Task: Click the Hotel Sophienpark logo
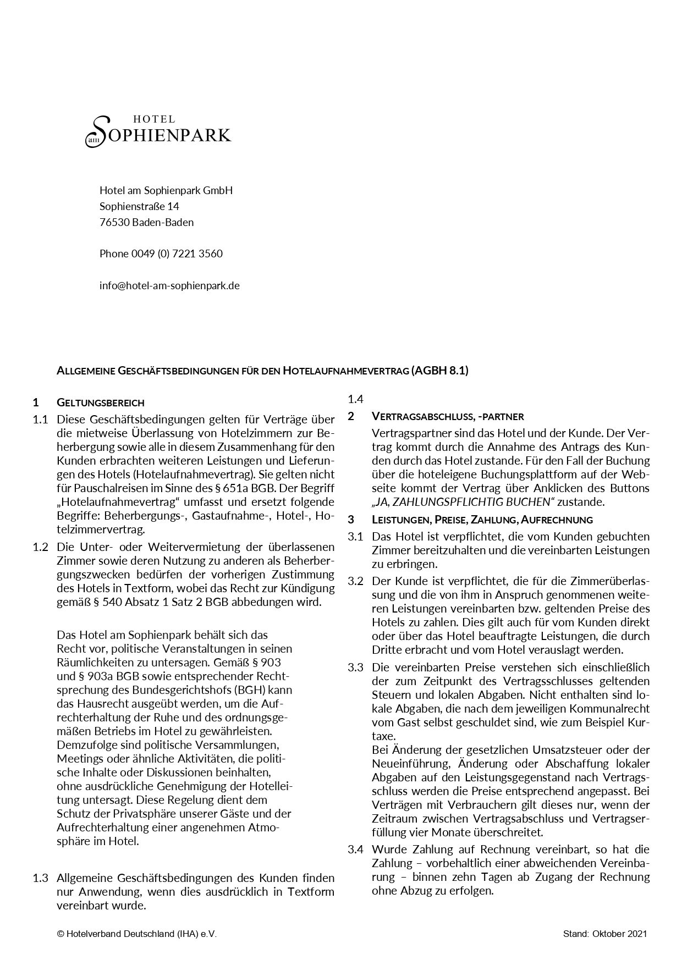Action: pyautogui.click(x=158, y=131)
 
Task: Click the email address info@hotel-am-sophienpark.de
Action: pyautogui.click(x=169, y=285)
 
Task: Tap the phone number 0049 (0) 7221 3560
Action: pyautogui.click(x=177, y=253)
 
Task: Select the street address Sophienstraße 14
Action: pyautogui.click(x=139, y=206)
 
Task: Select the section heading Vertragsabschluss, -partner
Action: pyautogui.click(x=448, y=416)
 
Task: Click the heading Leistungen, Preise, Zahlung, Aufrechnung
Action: pyautogui.click(x=482, y=519)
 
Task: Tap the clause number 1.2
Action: pyautogui.click(x=41, y=547)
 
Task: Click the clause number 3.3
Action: pyautogui.click(x=355, y=668)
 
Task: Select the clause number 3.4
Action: pyautogui.click(x=355, y=849)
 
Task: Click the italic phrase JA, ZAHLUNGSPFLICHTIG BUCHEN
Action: pyautogui.click(x=463, y=501)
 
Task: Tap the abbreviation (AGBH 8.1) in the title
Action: pyautogui.click(x=439, y=371)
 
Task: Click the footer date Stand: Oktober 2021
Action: pyautogui.click(x=605, y=934)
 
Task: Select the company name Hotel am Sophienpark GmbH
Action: pyautogui.click(x=166, y=190)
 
